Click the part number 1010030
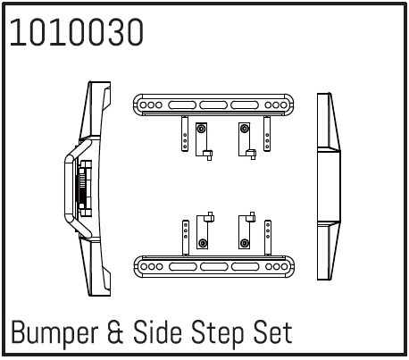77,32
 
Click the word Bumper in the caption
54,332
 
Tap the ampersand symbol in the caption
115,331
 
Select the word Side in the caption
157,331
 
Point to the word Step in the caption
217,333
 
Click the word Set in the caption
272,331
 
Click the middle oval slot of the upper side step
213,105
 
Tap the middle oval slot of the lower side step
214,266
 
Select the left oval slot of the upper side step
182,105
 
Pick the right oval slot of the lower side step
246,266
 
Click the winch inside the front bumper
84,188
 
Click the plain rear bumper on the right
329,187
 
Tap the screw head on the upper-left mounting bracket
202,129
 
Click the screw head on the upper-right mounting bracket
245,129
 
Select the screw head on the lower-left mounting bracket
203,243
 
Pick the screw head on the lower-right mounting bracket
245,243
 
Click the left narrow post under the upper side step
185,134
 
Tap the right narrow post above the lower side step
268,238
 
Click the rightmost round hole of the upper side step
283,105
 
